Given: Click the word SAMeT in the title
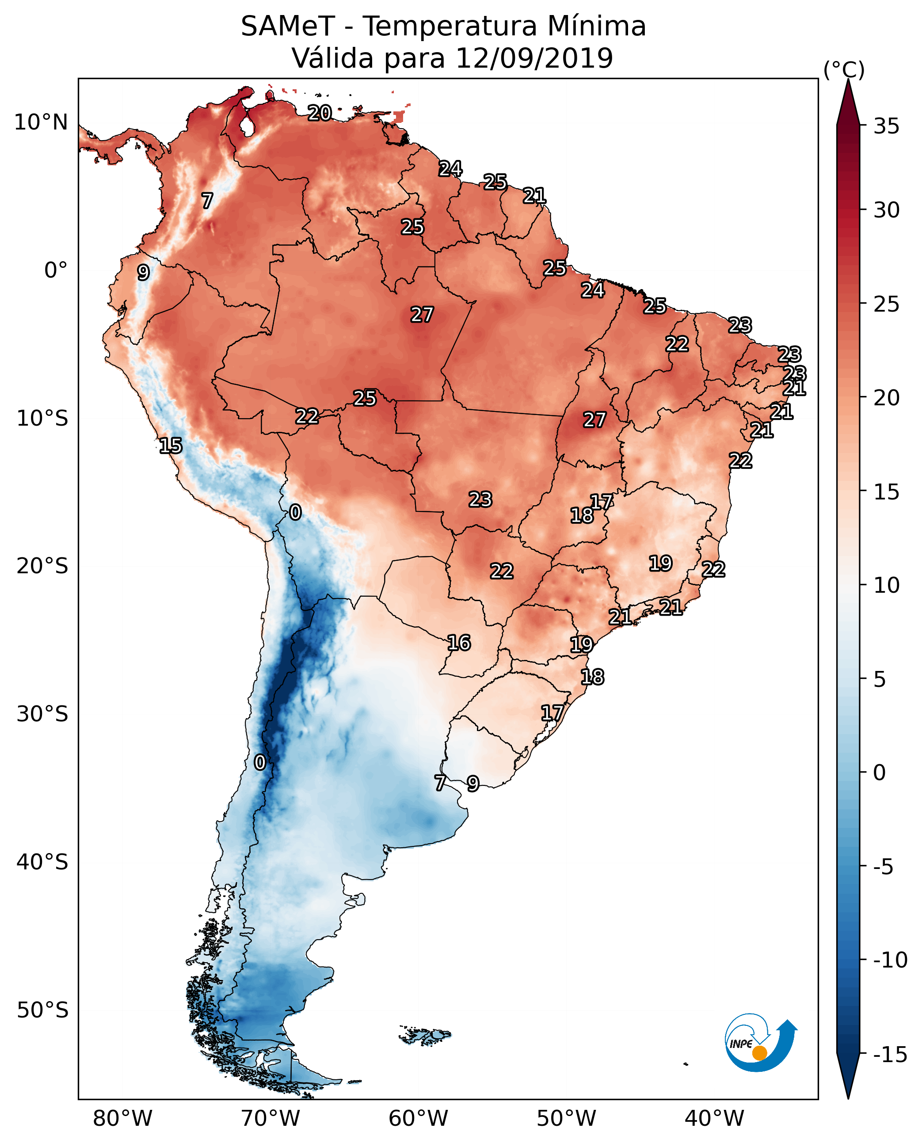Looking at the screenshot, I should coord(287,27).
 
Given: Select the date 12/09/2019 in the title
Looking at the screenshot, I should coord(534,58).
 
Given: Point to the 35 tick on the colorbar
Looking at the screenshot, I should coord(886,126).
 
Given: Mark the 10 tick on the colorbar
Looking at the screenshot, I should coord(886,586).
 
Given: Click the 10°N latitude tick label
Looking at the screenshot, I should coord(41,123).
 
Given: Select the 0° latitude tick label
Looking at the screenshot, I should coord(56,271).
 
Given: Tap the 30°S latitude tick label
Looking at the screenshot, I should coord(42,714).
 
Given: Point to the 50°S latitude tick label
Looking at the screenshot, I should coord(42,1010).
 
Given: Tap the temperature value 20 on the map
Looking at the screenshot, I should coord(320,113).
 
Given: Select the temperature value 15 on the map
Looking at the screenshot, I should coord(171,446).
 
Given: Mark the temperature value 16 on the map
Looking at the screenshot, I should coord(459,643).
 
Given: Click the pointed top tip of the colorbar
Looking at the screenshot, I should coord(848,81).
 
